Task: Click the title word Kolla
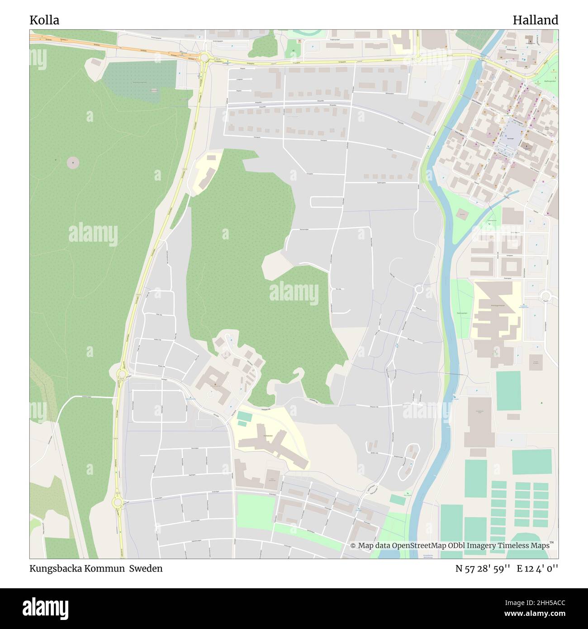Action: tap(44, 20)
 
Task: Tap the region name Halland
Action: tap(535, 20)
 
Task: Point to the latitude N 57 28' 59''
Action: tap(483, 568)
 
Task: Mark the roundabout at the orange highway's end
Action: tap(204, 57)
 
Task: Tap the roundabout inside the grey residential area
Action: tap(419, 289)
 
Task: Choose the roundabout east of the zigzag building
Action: tap(545, 296)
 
